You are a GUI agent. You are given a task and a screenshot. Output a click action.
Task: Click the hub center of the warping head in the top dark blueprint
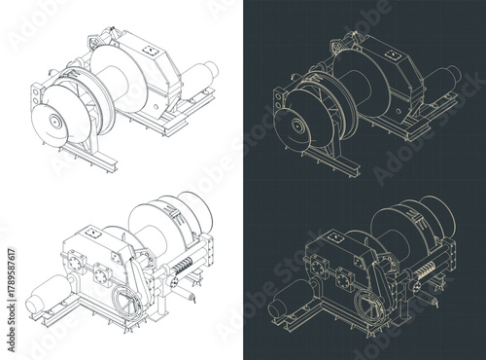pos(290,124)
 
